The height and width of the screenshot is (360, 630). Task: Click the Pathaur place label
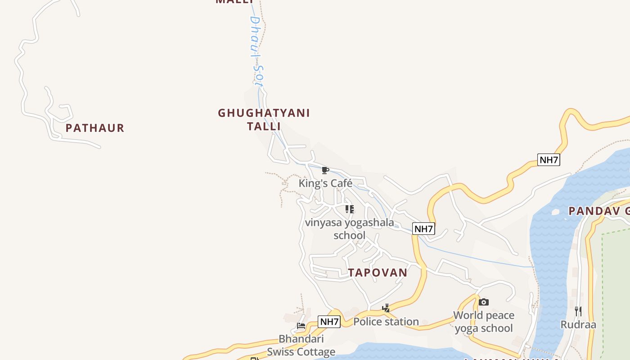point(94,128)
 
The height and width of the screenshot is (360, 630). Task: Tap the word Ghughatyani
point(264,113)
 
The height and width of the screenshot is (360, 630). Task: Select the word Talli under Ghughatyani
point(264,126)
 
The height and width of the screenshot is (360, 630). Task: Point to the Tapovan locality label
point(378,272)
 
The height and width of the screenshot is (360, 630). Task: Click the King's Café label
point(325,183)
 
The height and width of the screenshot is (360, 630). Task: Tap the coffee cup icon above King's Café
point(325,170)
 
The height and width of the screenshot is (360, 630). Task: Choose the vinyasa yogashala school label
point(349,229)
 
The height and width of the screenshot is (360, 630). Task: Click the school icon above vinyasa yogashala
point(349,209)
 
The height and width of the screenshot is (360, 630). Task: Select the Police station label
point(386,321)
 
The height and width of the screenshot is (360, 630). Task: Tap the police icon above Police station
point(386,308)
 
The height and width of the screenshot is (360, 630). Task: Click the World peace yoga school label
point(484,321)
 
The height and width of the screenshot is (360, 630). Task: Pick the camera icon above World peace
point(484,302)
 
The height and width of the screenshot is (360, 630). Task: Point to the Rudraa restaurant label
point(578,324)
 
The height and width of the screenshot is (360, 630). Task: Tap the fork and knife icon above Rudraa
point(578,310)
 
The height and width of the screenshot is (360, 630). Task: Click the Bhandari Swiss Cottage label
point(301,345)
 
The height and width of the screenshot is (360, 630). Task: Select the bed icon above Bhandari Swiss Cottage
point(301,325)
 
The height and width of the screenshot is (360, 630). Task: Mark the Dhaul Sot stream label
point(256,50)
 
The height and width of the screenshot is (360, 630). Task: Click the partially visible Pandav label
point(598,211)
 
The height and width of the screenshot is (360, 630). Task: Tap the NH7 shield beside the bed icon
point(329,322)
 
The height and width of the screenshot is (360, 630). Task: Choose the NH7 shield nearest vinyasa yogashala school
point(423,229)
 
